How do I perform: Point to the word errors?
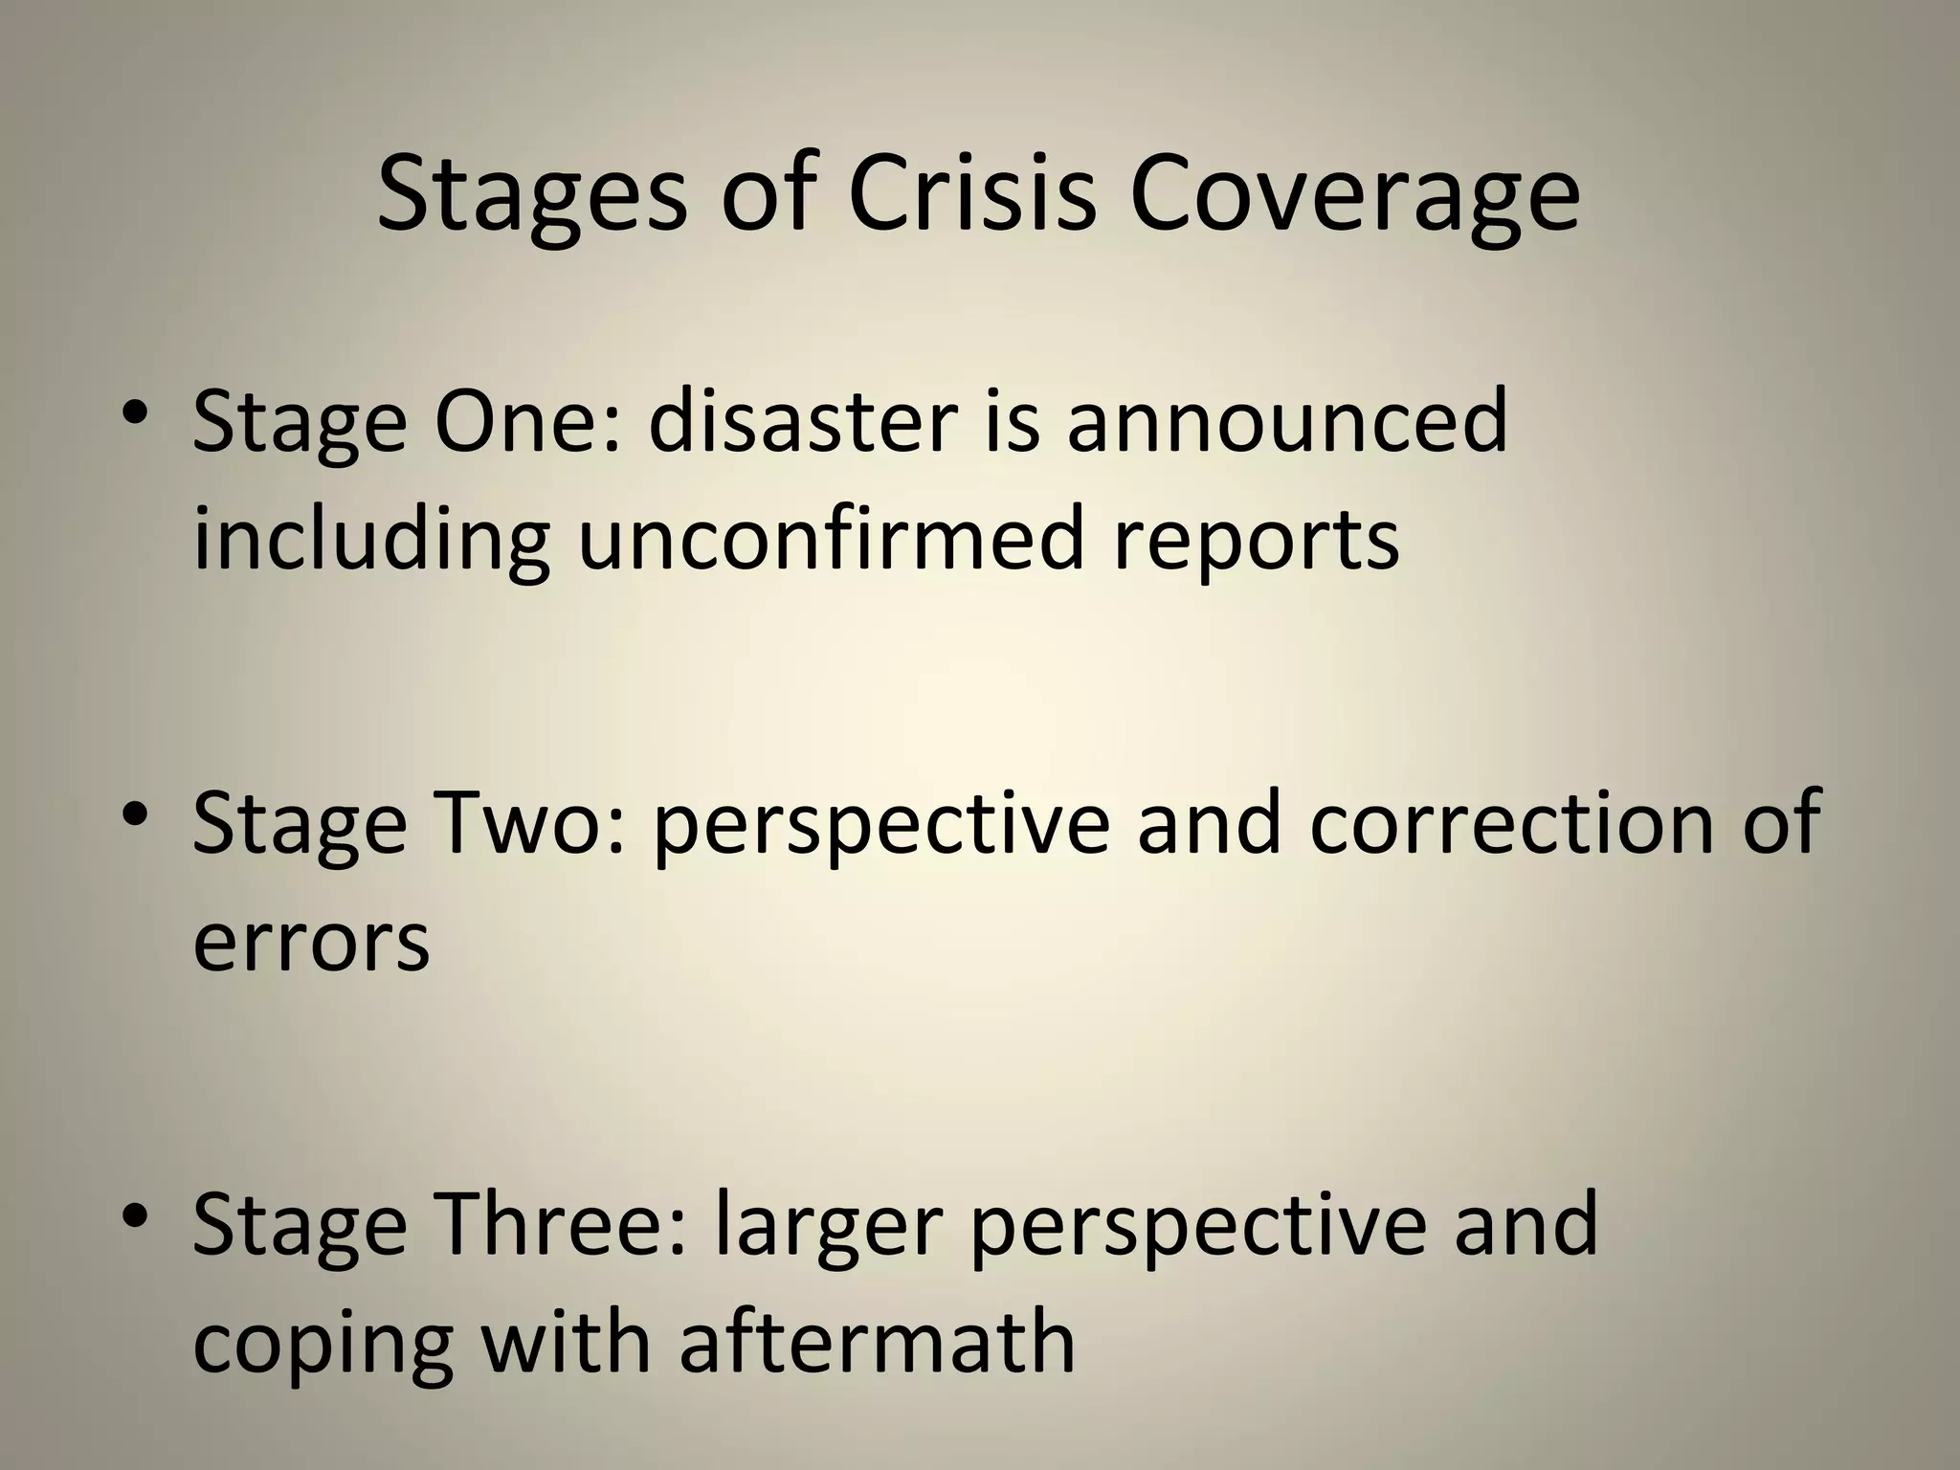click(311, 942)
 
